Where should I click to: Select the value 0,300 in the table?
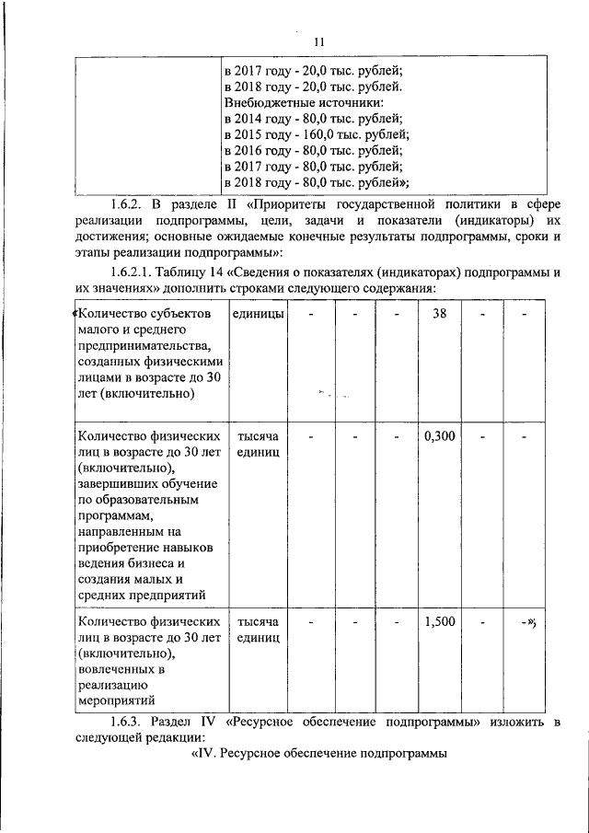[440, 435]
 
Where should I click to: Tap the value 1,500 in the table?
[440, 622]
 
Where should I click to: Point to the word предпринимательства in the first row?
[144, 346]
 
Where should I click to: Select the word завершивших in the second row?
[121, 483]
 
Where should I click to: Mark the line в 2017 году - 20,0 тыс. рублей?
[313, 70]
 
